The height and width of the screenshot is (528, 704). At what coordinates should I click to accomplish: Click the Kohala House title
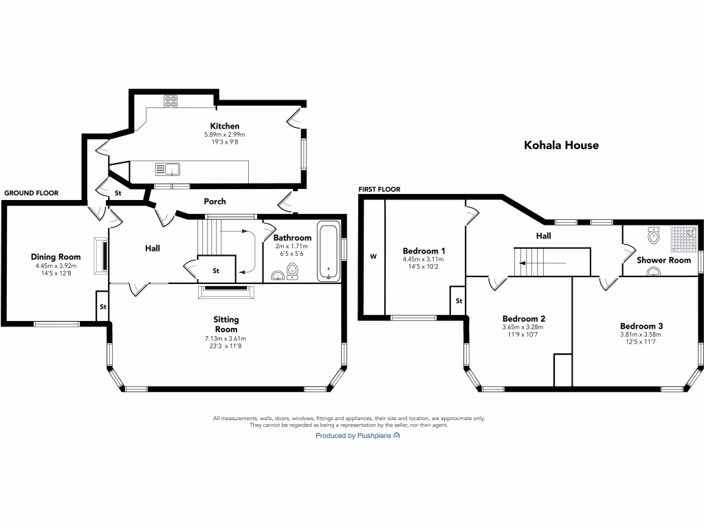coord(561,145)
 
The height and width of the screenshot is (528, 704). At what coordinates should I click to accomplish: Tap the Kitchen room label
coord(225,126)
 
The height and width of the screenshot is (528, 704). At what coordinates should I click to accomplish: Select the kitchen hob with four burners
coord(170,101)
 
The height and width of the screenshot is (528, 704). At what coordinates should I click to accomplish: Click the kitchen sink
coord(168,169)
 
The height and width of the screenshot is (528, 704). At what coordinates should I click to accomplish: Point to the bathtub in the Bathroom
coord(329,251)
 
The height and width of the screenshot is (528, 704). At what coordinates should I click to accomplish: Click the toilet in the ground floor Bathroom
coord(293,271)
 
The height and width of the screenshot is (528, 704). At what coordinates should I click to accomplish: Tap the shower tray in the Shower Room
coord(683,239)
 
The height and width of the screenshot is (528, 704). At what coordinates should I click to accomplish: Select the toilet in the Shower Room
coord(654,235)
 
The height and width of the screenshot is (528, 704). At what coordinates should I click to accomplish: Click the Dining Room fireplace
coord(100,256)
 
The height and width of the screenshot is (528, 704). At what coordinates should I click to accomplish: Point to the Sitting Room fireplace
coord(225,291)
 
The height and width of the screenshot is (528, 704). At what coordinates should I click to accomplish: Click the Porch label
coord(214,201)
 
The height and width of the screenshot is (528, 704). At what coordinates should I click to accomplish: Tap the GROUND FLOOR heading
coord(32,193)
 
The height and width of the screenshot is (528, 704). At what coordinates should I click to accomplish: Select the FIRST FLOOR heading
coord(379,190)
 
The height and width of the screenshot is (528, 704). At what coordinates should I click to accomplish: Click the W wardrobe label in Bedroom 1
coord(373,256)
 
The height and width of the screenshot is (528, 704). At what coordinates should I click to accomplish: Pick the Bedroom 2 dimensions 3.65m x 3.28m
coord(522,327)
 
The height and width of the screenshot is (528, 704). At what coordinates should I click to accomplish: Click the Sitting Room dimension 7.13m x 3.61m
coord(225,338)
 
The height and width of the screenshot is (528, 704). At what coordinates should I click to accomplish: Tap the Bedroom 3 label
coord(641,326)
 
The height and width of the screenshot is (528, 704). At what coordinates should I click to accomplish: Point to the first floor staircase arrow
coord(541,263)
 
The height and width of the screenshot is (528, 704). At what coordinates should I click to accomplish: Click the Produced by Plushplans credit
coord(357,435)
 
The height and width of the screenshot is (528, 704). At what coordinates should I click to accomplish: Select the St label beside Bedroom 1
coord(459,301)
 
